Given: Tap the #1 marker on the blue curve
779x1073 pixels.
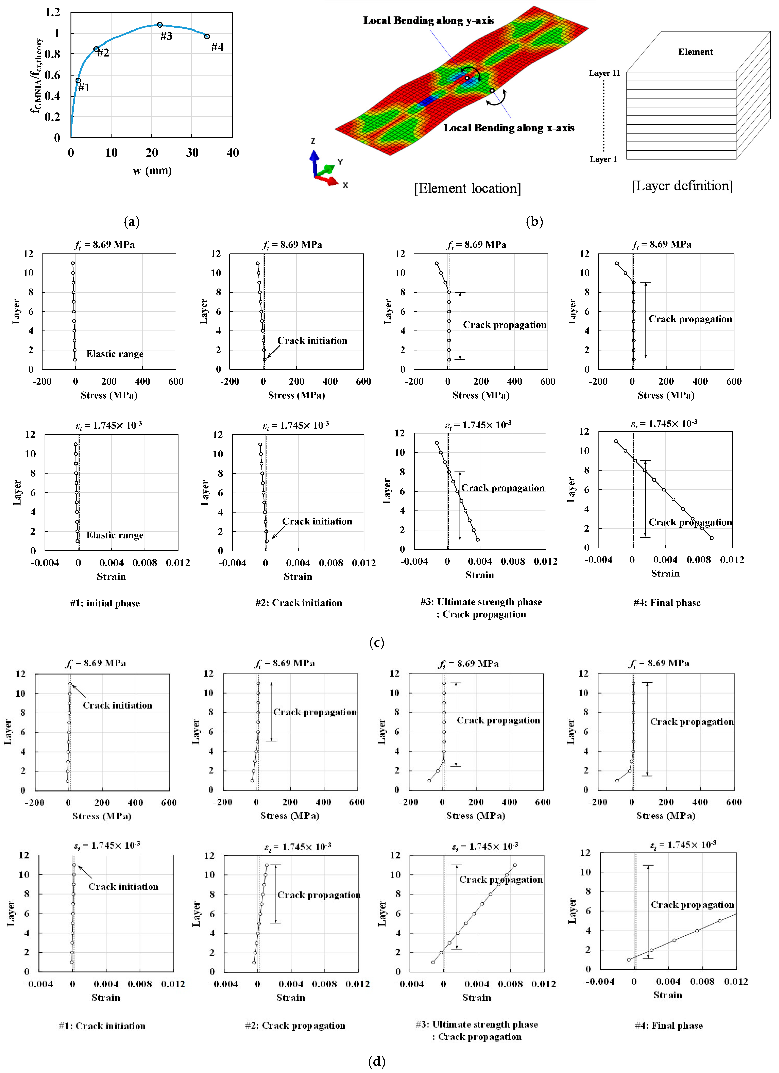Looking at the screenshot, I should tap(78, 80).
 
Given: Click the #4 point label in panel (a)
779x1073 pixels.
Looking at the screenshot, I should tap(217, 47).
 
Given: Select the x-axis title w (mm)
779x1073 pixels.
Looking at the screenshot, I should tap(152, 171).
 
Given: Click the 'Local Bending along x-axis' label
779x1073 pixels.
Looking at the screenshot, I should tap(508, 128).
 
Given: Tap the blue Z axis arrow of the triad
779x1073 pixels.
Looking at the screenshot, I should tap(314, 161).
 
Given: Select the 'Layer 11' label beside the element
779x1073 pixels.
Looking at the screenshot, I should tap(604, 73).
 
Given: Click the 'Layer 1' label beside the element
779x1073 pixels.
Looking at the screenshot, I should tap(603, 159).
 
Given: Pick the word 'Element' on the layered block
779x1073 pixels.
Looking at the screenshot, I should tap(695, 52).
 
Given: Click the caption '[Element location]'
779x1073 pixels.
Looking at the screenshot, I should tap(467, 188).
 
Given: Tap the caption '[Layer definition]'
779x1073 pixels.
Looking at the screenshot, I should tap(682, 186).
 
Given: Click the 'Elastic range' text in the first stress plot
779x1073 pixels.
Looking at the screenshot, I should tap(115, 354).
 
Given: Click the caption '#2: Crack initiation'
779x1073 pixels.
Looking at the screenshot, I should tap(298, 603).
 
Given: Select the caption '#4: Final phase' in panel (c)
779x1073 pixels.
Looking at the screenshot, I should tap(667, 603).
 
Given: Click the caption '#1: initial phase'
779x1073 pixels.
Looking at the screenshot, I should tap(105, 603).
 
